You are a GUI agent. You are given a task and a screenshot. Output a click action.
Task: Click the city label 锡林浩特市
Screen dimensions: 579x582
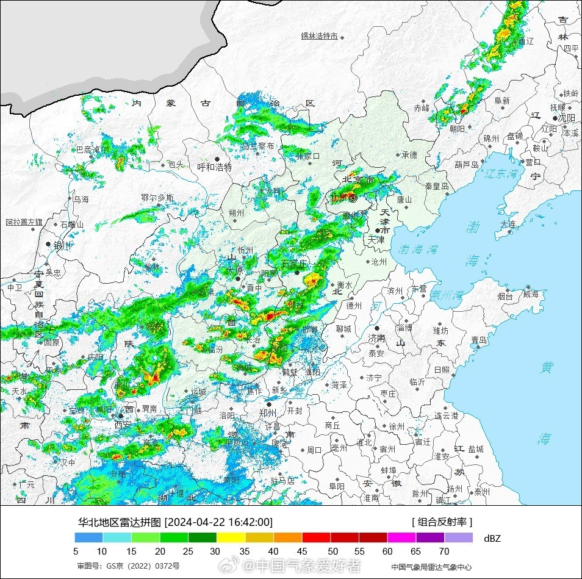(x=319, y=36)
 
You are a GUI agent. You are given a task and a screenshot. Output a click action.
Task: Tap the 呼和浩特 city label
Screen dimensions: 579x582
(x=215, y=167)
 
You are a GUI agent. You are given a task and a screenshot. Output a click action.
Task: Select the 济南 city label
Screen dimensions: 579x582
(x=376, y=337)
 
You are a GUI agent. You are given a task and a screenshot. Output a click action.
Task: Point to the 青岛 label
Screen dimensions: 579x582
(x=479, y=340)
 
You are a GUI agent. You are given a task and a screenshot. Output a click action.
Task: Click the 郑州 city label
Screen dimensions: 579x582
(x=268, y=412)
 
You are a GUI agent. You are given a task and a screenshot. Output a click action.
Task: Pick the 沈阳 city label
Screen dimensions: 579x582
(x=567, y=118)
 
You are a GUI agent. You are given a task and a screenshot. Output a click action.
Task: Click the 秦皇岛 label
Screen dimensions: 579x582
(x=437, y=186)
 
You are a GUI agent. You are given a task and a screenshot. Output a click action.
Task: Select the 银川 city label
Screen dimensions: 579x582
(x=63, y=245)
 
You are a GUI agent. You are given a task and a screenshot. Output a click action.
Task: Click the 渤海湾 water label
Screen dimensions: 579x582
(x=419, y=250)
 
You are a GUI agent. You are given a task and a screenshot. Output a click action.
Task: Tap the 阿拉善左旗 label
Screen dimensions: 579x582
(x=24, y=222)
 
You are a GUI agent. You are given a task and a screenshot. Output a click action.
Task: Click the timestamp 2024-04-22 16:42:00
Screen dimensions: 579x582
(x=218, y=522)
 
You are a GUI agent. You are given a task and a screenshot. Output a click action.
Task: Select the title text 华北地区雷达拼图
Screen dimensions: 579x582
(x=120, y=522)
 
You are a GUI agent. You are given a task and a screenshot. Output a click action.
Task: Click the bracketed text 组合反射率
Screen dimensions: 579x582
(x=442, y=522)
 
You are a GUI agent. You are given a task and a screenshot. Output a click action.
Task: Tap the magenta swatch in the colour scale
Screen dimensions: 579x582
(x=401, y=538)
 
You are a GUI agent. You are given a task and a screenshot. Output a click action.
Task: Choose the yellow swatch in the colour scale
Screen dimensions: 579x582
(x=231, y=538)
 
